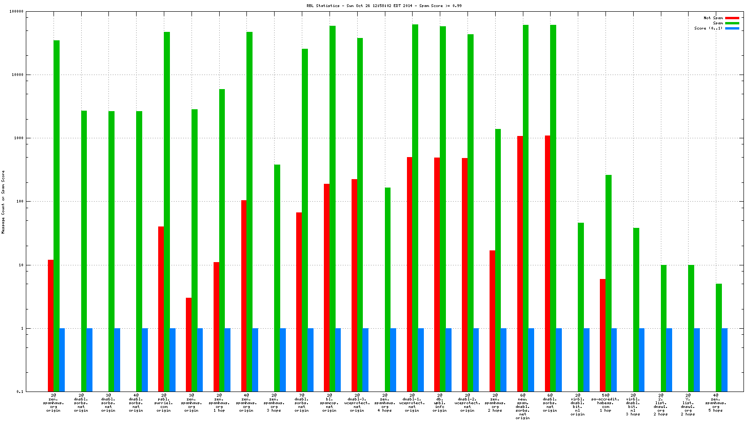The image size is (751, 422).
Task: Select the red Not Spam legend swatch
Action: point(732,18)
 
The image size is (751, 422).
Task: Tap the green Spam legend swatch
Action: point(732,23)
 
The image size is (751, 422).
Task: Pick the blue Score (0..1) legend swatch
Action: point(732,28)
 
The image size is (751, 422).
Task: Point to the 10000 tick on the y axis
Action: point(17,75)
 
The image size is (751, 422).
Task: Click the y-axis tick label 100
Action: point(19,202)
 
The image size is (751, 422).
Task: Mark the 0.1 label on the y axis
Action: point(20,392)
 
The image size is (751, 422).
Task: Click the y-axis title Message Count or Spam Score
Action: point(3,202)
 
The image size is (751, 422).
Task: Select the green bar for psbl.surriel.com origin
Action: point(167,211)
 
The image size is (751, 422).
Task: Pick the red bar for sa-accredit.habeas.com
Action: point(603,335)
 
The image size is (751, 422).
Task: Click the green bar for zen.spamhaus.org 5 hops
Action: point(719,337)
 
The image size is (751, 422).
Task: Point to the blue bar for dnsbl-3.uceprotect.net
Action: point(366,360)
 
